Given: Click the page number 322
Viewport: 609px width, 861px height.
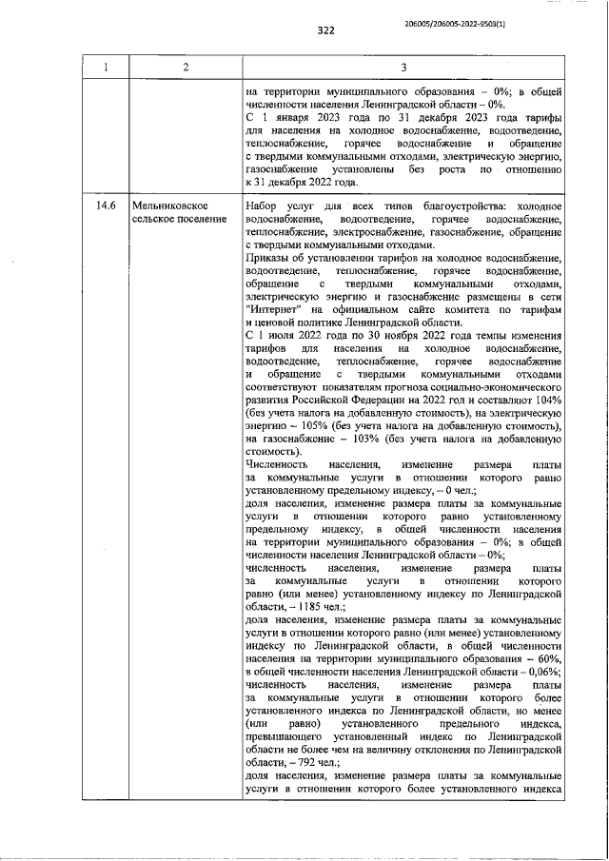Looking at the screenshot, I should pyautogui.click(x=325, y=30).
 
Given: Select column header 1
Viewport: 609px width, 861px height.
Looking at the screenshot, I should pyautogui.click(x=107, y=67).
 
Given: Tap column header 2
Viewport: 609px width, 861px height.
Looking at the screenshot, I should pyautogui.click(x=186, y=67).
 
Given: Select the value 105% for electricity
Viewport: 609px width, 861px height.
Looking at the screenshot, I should pyautogui.click(x=312, y=428).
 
